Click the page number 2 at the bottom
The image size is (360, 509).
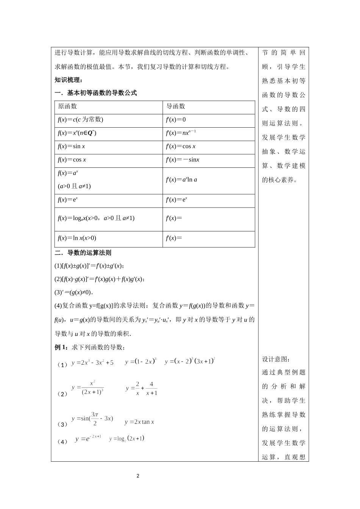(x=138, y=476)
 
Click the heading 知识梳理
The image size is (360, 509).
(x=68, y=80)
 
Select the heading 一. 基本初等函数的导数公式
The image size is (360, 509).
(x=95, y=93)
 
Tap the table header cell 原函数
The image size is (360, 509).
(x=67, y=106)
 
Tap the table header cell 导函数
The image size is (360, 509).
(x=176, y=106)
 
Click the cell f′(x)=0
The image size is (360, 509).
(x=176, y=120)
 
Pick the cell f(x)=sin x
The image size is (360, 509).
(x=71, y=147)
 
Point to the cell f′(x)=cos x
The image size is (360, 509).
(x=181, y=147)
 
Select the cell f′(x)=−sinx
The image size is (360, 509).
(x=183, y=160)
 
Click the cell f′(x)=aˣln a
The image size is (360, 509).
(x=182, y=180)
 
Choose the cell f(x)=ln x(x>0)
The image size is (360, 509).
(x=77, y=238)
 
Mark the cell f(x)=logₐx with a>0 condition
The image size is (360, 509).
(x=96, y=218)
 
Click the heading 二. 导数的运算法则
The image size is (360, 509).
(x=83, y=253)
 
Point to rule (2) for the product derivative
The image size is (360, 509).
(x=100, y=279)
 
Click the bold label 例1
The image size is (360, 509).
(x=61, y=347)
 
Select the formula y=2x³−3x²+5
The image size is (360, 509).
(x=92, y=362)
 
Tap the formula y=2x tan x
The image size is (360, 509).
(x=139, y=422)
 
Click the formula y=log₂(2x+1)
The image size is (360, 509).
(x=127, y=439)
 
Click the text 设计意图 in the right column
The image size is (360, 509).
(x=275, y=359)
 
